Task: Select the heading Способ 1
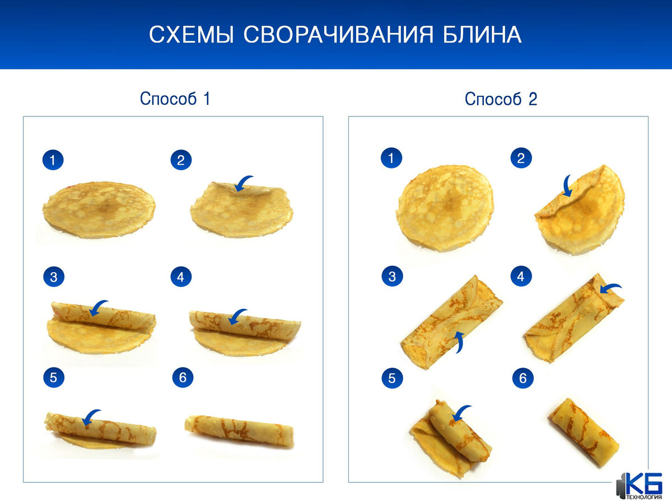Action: pyautogui.click(x=175, y=99)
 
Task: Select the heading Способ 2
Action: pyautogui.click(x=501, y=99)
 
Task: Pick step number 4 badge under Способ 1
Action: pyautogui.click(x=180, y=276)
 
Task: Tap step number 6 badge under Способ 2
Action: pyautogui.click(x=522, y=379)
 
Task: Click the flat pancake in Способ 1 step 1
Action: pyautogui.click(x=99, y=210)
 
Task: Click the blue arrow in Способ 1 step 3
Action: pyautogui.click(x=100, y=306)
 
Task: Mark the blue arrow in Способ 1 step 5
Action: pyautogui.click(x=91, y=416)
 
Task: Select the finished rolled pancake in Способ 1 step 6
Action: pyautogui.click(x=240, y=430)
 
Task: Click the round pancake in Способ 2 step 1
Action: pyautogui.click(x=445, y=207)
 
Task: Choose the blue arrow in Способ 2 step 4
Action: pyautogui.click(x=610, y=288)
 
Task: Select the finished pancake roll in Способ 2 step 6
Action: pyautogui.click(x=584, y=431)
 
